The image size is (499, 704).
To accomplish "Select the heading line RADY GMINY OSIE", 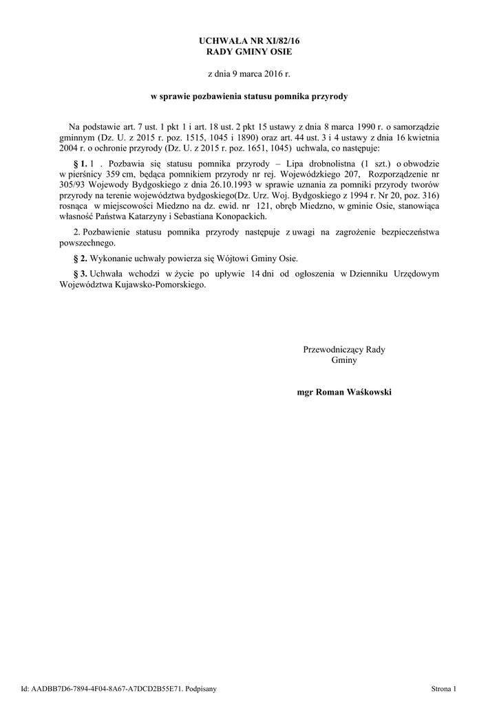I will [249, 52].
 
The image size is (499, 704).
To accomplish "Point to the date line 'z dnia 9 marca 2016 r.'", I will [249, 73].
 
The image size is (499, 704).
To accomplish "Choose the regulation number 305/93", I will [74, 186].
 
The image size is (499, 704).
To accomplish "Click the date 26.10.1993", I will [228, 186].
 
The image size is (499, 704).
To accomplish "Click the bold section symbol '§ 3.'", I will [80, 274].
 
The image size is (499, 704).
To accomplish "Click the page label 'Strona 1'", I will [444, 688].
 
